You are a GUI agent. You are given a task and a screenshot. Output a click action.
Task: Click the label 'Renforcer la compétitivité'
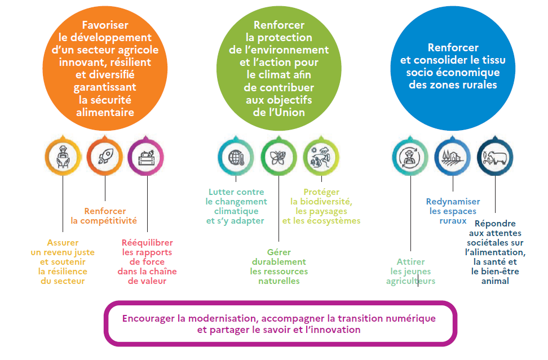point(104,216)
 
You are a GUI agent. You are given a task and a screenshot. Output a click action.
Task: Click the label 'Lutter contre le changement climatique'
point(236,206)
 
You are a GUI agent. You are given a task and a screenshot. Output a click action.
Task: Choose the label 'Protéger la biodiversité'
point(321,206)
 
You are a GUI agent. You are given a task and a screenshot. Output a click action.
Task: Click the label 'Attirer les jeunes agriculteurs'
point(410,272)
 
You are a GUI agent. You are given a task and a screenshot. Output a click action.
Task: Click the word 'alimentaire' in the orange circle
point(105,112)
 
